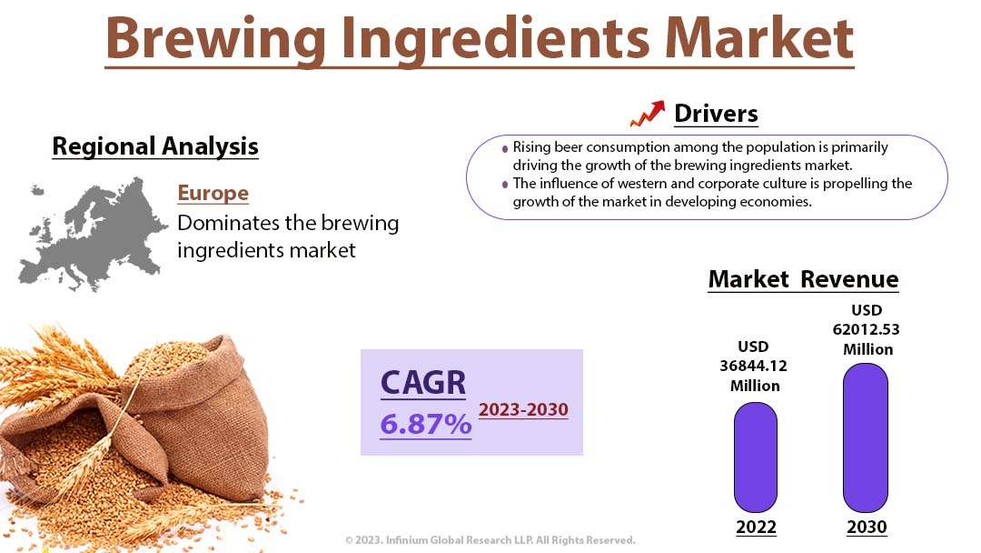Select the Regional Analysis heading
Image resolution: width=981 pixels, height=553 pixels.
(x=155, y=146)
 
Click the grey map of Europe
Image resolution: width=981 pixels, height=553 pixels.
(x=93, y=235)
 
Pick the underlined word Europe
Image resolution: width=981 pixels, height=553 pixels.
(x=213, y=193)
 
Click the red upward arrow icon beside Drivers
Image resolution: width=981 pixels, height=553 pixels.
(x=648, y=114)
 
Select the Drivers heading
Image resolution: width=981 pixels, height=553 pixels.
(x=716, y=114)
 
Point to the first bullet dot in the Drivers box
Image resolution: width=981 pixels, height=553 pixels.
(x=505, y=149)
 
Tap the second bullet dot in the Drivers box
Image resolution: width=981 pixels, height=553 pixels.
(x=505, y=185)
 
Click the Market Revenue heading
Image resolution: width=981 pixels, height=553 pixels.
(x=803, y=279)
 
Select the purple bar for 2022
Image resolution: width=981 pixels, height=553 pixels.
(x=755, y=457)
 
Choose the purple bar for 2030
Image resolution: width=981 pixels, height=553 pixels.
(x=866, y=437)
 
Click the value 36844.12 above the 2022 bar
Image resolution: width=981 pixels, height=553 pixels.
(x=753, y=366)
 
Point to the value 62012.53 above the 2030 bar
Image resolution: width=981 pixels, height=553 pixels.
(x=866, y=329)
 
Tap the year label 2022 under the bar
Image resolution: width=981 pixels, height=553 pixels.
(x=756, y=528)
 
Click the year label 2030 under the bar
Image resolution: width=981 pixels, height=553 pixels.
(x=867, y=528)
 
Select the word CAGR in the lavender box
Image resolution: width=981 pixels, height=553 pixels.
(x=423, y=383)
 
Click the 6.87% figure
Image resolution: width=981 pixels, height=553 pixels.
(x=425, y=424)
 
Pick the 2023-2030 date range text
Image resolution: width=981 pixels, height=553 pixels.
(x=524, y=409)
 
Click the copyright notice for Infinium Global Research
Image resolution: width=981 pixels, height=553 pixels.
(x=490, y=540)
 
